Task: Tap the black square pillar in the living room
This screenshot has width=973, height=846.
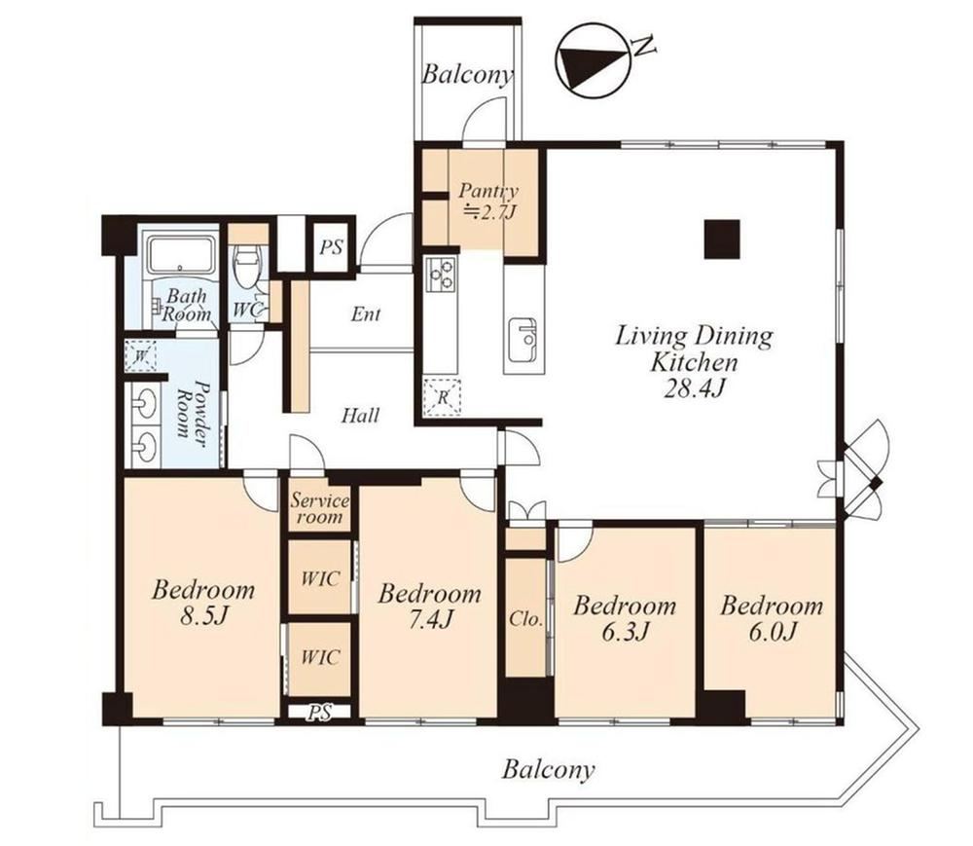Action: [x=722, y=239]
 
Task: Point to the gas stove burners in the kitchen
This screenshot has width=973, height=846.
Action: [x=441, y=274]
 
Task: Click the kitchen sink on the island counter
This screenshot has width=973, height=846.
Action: [x=523, y=340]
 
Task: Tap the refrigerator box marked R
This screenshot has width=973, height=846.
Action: [x=442, y=396]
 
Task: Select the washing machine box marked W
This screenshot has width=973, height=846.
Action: [x=140, y=355]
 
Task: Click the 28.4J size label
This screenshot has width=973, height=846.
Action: [x=695, y=388]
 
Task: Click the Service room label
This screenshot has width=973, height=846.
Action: [x=320, y=508]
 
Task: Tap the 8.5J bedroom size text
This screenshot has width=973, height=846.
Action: [x=204, y=616]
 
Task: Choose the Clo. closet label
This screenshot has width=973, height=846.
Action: [x=525, y=619]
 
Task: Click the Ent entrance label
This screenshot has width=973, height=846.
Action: [x=366, y=314]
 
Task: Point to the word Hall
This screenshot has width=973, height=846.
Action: [x=361, y=416]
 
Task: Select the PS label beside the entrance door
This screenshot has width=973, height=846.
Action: [x=332, y=247]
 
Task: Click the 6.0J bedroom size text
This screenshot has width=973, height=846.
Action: [x=772, y=632]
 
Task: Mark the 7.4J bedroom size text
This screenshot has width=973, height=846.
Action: [x=431, y=620]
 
